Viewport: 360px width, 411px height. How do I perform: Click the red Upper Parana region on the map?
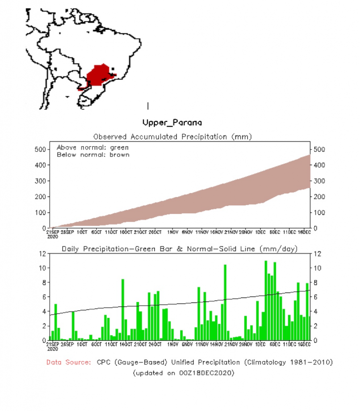tap(98, 75)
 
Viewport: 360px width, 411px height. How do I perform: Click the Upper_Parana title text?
tap(172, 122)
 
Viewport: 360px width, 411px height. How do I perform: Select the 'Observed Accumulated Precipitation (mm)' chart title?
tap(172, 137)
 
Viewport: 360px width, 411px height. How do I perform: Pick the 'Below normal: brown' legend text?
tap(93, 155)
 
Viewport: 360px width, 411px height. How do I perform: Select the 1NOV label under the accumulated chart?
tap(173, 232)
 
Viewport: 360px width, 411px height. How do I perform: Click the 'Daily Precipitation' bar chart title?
tap(179, 249)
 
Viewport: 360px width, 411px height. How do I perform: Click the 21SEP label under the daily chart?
tap(53, 344)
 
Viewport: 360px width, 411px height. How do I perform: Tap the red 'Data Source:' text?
tap(69, 362)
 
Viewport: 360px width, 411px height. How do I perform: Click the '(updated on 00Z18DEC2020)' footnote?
tap(183, 373)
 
